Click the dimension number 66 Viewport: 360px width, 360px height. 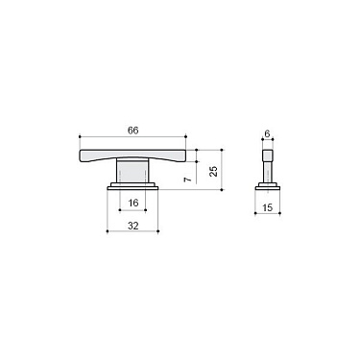pos(134,128)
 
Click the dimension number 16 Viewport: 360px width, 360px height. pos(133,202)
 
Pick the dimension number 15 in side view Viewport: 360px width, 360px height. pos(269,206)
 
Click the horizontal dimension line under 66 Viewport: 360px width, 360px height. pos(134,135)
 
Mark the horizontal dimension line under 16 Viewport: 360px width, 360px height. pos(133,209)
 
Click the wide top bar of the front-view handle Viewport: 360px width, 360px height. pos(134,155)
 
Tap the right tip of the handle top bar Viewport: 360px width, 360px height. pos(194,154)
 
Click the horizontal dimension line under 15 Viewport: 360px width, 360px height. pos(269,214)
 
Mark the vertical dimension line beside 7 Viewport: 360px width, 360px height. pos(199,173)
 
